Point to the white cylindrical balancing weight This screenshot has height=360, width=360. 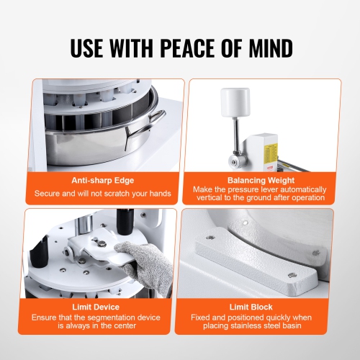(235, 100)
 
